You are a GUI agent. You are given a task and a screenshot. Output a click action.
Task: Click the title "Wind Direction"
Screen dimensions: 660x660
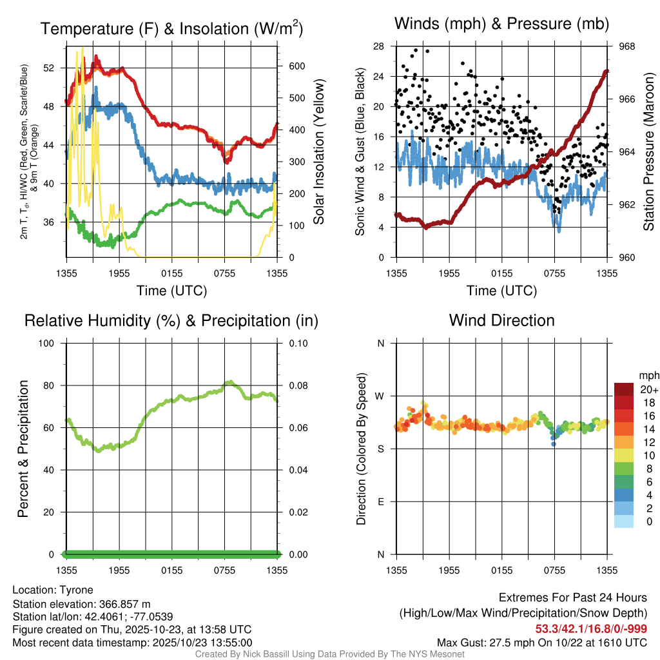point(501,320)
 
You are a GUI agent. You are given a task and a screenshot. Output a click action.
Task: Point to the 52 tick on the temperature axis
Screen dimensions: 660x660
point(57,68)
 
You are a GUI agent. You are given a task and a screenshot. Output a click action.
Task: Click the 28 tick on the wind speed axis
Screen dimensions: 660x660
point(379,46)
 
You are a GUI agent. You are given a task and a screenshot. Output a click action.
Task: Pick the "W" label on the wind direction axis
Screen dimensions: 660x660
point(380,396)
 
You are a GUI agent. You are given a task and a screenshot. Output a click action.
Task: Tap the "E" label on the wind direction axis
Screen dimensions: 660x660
point(381,501)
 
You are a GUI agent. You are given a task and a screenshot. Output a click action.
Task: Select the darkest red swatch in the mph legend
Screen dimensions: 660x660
point(624,389)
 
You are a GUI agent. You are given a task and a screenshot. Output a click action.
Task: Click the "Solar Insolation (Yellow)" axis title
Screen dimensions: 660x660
point(318,152)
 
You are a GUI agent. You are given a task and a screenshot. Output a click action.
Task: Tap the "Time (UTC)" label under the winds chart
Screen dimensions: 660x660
point(501,290)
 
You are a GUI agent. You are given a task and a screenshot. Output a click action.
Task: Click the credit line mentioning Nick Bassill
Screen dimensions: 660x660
point(330,654)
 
